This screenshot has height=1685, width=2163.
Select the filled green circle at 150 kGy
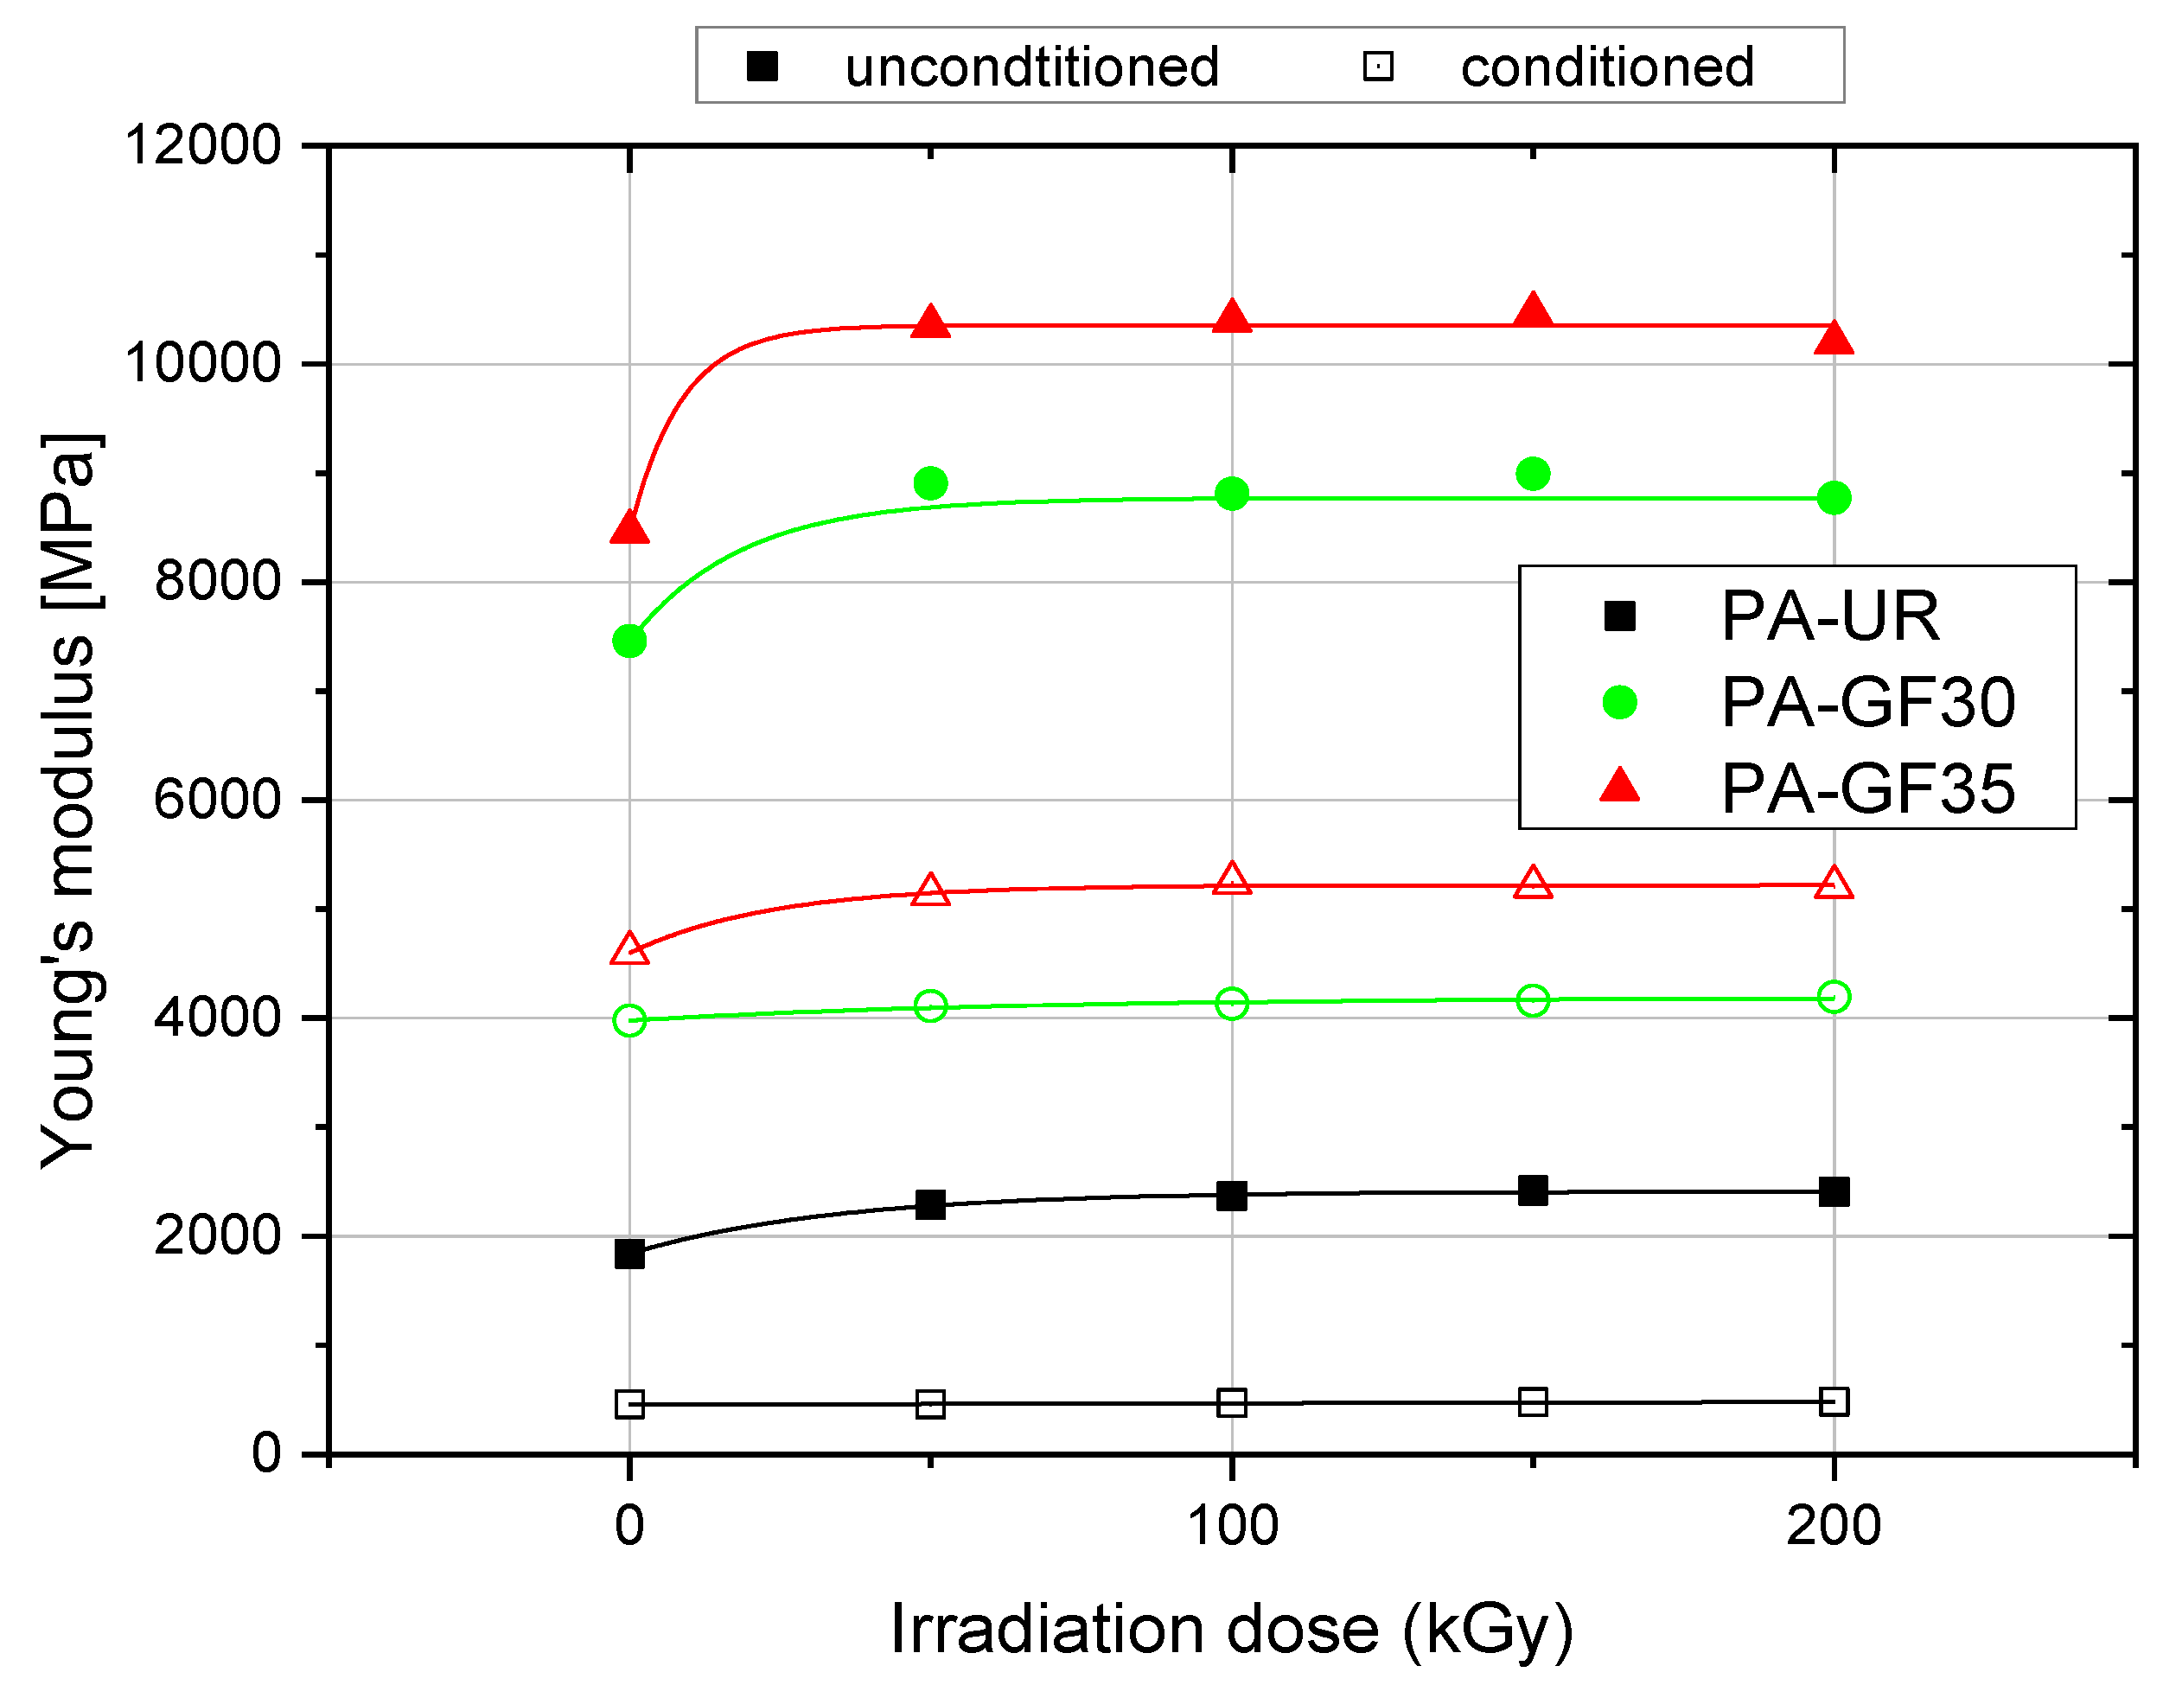tap(1533, 474)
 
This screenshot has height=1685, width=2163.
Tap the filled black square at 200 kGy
tap(1834, 1191)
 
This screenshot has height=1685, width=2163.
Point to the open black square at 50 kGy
tap(931, 1404)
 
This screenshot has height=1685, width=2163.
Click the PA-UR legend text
tap(1830, 616)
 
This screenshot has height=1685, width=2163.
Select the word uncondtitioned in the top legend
tap(1031, 67)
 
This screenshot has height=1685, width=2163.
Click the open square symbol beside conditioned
tap(1379, 67)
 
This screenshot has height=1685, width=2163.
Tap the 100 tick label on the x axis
tap(1232, 1526)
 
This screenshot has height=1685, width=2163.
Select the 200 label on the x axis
tap(1834, 1526)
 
